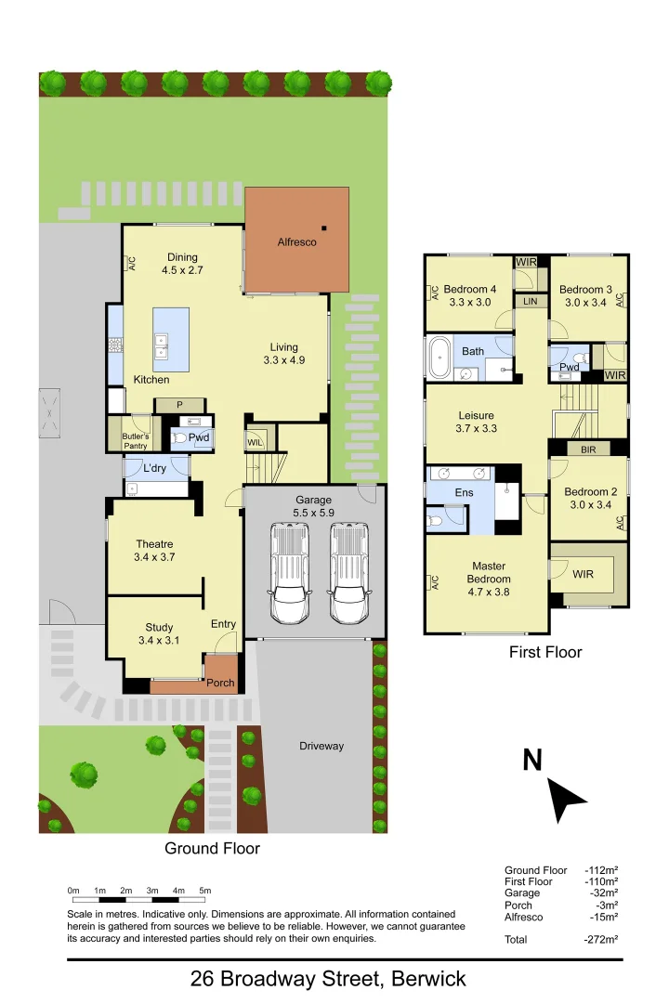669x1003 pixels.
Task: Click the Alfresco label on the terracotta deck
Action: coord(297,242)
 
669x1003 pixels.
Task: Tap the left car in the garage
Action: coord(288,574)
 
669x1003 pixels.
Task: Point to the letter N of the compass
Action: coord(531,761)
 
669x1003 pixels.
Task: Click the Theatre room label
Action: coord(154,544)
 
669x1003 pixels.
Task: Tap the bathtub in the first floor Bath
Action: coord(439,357)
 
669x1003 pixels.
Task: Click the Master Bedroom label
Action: coord(488,572)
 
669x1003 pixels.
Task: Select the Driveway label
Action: coord(321,746)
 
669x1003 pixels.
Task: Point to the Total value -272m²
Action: coord(601,939)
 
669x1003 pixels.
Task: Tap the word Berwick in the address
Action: coord(428,979)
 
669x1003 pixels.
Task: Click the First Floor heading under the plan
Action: coord(545,652)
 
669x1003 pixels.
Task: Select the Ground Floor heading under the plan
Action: coord(212,848)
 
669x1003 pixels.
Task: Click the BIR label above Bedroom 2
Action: coord(587,449)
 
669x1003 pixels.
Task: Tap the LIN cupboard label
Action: coord(531,302)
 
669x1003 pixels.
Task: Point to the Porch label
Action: coord(220,684)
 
